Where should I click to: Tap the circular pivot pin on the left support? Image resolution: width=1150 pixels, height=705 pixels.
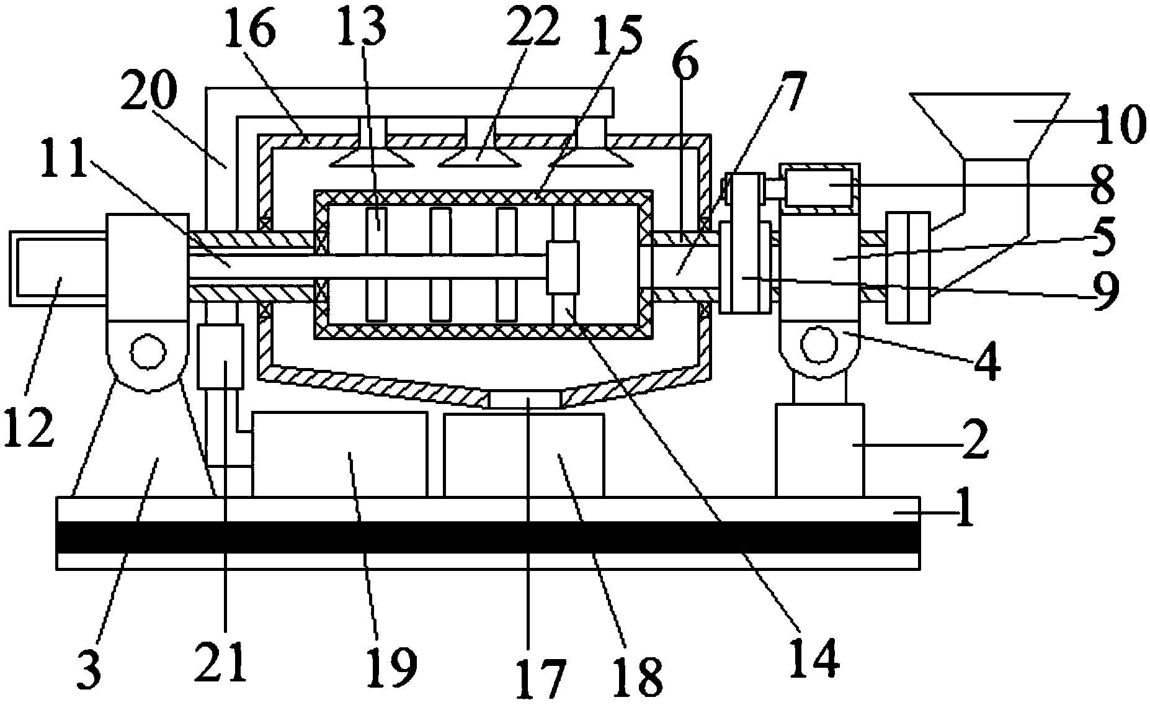click(x=148, y=351)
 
